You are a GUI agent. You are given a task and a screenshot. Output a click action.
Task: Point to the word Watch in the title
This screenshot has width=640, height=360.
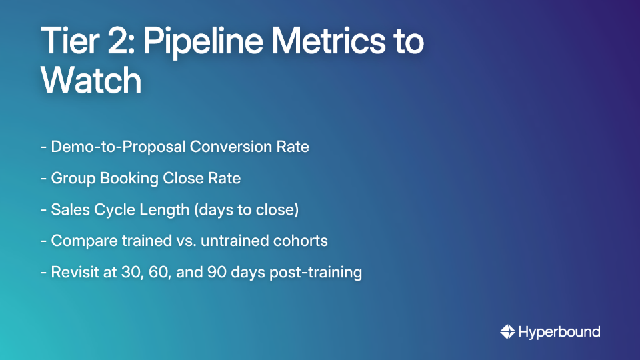[91, 81]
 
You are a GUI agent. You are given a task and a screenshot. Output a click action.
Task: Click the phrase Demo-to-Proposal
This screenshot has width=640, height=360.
[119, 147]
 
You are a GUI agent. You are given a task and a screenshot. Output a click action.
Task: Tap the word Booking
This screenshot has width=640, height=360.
[124, 178]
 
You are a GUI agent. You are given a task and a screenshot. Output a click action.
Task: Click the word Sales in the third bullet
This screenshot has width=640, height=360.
[70, 209]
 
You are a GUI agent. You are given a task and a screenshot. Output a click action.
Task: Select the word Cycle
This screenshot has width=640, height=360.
[114, 209]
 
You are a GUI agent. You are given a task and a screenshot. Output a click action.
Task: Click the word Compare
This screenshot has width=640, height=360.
[80, 241]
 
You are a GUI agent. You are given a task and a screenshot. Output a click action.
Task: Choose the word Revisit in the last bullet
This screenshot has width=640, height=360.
[75, 272]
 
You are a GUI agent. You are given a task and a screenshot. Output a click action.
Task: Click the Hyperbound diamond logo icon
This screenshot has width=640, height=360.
[507, 331]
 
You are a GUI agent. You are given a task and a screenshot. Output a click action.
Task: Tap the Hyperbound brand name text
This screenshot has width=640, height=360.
[559, 331]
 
